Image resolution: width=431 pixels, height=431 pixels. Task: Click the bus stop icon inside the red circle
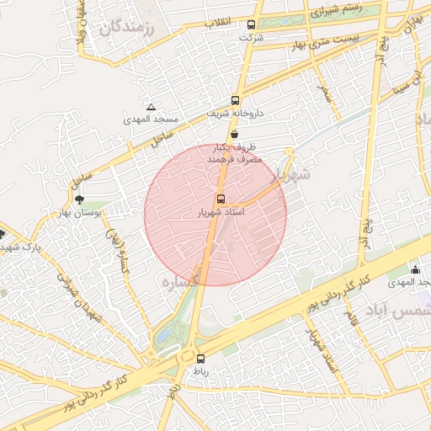coord(221,200)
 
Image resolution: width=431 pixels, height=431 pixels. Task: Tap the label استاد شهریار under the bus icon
coord(220,214)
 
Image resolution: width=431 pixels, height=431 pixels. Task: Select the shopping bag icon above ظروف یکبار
coord(233,134)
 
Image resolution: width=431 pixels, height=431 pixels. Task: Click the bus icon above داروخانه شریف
coord(236,99)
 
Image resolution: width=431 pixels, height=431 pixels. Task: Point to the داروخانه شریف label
coord(237,112)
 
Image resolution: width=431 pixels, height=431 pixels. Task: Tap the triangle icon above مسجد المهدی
coord(151,107)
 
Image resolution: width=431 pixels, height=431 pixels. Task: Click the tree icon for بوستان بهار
coord(79,200)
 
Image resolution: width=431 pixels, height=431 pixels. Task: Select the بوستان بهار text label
coord(98,213)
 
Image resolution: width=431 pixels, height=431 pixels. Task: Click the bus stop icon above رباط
coord(200,359)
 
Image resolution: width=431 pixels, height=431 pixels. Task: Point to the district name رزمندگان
coord(128,29)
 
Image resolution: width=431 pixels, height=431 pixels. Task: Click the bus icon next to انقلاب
coord(252,24)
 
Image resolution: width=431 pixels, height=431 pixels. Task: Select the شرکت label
coord(251,38)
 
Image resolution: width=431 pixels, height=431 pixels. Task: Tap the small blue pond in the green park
coord(162,339)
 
